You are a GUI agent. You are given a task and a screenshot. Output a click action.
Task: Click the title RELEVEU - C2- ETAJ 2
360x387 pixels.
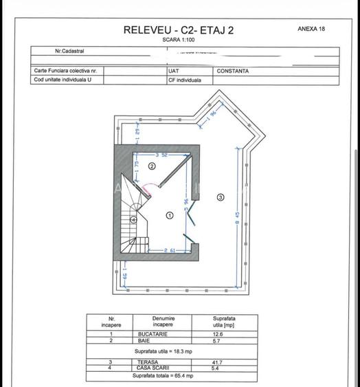178,30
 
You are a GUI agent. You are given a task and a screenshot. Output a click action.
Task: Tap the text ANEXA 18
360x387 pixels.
311,30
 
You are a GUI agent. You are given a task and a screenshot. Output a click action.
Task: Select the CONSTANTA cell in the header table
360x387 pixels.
232,71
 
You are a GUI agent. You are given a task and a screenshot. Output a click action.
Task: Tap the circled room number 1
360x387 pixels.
169,215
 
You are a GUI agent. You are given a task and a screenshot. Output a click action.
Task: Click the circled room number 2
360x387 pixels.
152,166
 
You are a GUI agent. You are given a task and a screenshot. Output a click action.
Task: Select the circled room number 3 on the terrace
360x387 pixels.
220,197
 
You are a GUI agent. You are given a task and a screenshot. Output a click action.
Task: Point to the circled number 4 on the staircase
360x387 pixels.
133,220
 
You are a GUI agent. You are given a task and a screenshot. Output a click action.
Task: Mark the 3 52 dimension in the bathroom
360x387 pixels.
161,155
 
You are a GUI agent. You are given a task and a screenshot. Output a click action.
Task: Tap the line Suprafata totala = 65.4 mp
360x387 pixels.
162,376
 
